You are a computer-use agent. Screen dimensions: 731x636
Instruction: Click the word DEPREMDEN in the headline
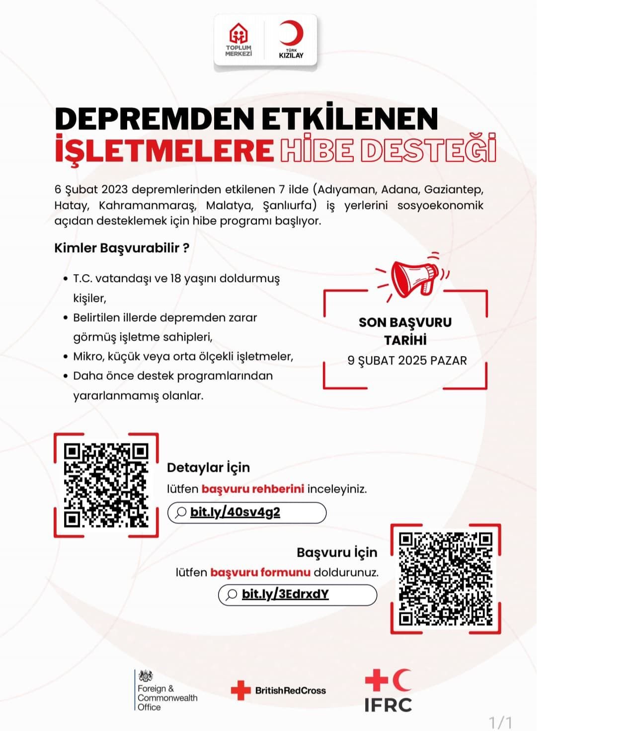154,119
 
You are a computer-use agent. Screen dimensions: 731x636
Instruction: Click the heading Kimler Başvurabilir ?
122,248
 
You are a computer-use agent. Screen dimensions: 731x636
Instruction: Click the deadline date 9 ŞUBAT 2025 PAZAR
407,361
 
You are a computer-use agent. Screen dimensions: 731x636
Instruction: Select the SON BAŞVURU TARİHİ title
405,331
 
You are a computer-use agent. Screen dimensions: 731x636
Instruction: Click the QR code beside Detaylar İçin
106,485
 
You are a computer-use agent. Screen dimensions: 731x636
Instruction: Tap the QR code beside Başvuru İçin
445,578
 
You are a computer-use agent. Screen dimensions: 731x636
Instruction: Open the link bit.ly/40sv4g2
235,512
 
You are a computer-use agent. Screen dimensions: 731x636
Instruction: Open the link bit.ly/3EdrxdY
285,594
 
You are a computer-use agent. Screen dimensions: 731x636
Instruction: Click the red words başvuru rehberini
252,489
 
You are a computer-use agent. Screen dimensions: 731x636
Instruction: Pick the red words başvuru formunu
260,572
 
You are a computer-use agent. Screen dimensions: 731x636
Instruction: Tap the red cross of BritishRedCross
241,690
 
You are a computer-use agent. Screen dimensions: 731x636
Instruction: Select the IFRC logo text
388,705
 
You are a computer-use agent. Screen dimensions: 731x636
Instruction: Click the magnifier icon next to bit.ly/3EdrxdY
231,595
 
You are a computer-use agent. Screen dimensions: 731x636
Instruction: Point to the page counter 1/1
500,722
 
